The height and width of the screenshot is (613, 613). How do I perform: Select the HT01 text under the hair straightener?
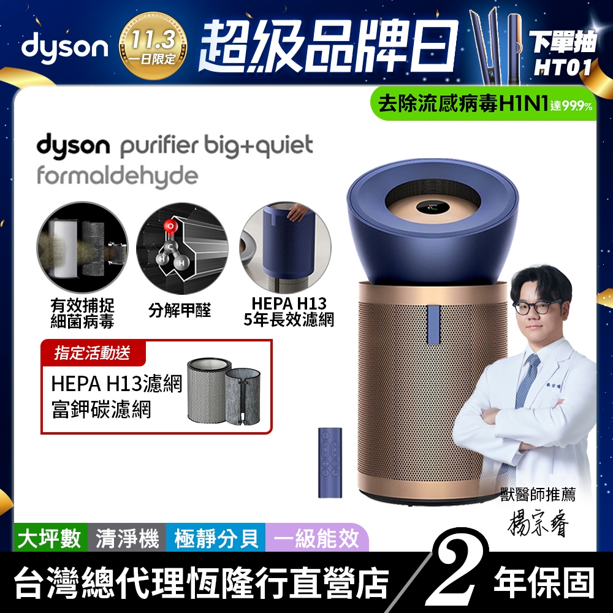click(x=562, y=67)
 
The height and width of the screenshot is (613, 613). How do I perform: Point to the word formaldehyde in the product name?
click(x=118, y=176)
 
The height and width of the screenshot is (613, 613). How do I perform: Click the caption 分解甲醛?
click(x=180, y=311)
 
